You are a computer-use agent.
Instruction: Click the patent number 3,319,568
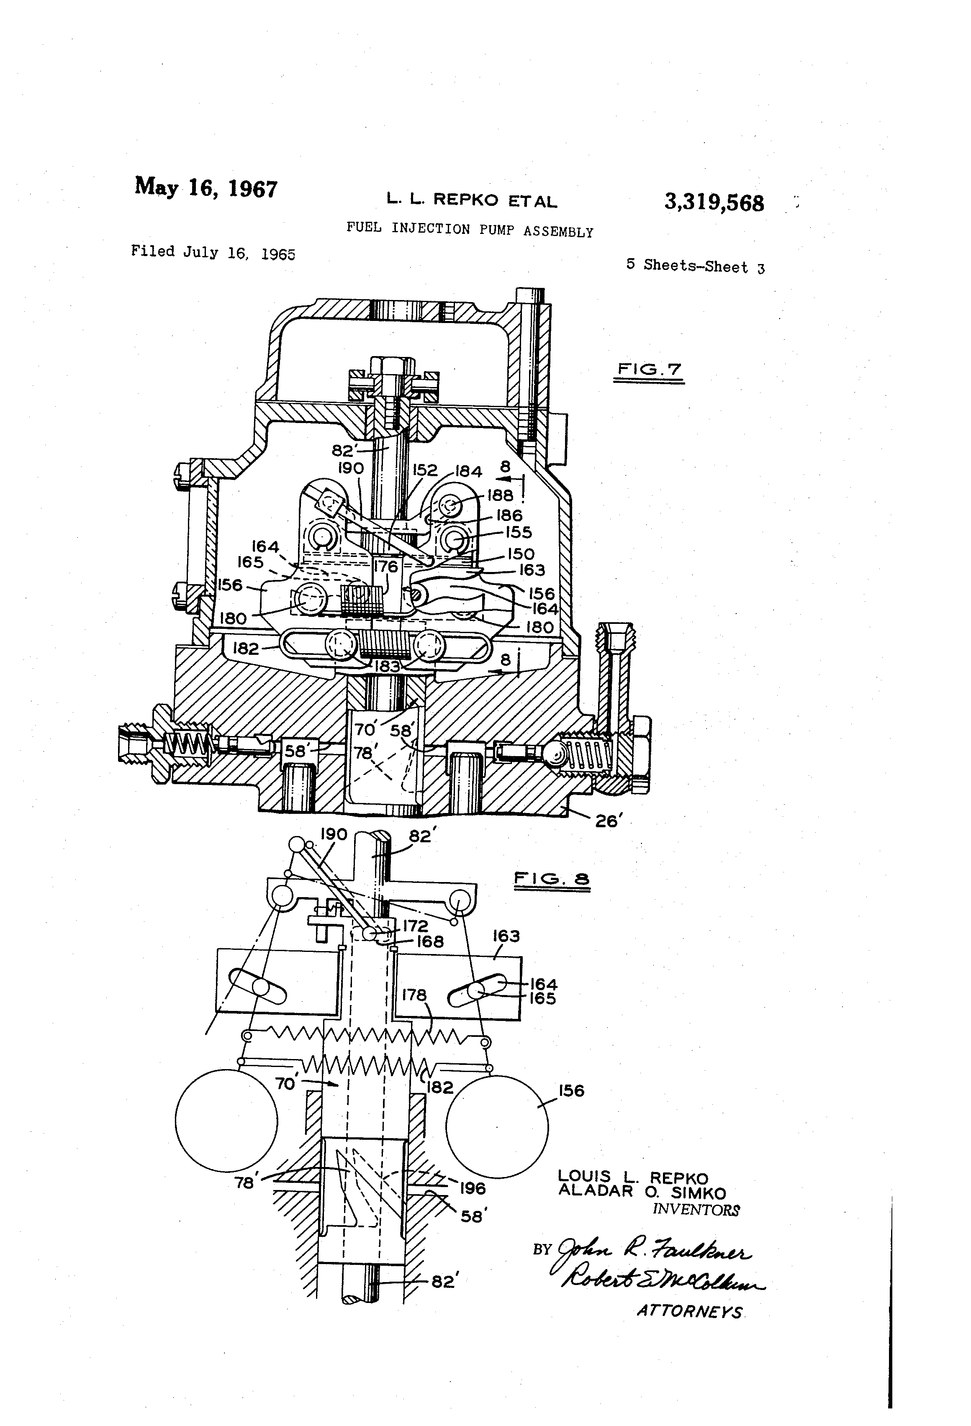tap(714, 203)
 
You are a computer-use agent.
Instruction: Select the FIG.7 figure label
tap(649, 369)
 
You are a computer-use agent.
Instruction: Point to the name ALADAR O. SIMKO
tap(641, 1192)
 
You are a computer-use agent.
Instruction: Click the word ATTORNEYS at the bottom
tap(689, 1311)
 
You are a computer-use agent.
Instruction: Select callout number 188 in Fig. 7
tap(500, 495)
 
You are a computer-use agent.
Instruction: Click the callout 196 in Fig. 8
tap(473, 1188)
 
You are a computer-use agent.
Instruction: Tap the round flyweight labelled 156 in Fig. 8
tap(497, 1126)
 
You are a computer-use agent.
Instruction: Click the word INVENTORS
tap(696, 1209)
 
